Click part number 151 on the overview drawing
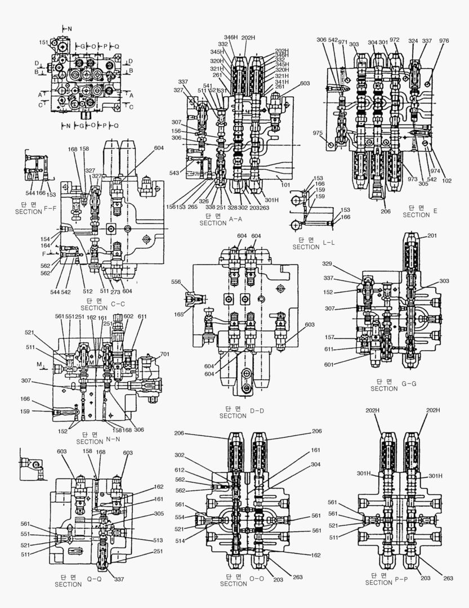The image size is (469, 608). click(x=43, y=42)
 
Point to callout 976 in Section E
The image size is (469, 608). click(x=444, y=41)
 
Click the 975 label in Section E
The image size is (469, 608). click(x=318, y=133)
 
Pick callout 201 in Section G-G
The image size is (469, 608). click(x=431, y=235)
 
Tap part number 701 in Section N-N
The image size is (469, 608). click(x=164, y=355)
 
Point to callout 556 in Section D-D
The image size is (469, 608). click(x=176, y=281)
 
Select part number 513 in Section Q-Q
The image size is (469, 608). click(x=158, y=540)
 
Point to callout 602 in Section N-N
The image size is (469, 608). click(x=129, y=317)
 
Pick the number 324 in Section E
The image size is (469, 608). click(x=413, y=41)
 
